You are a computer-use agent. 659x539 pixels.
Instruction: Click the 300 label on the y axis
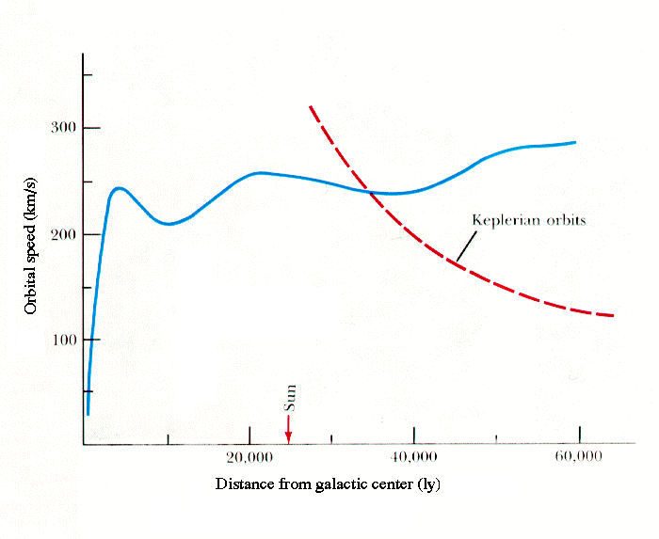click(x=62, y=128)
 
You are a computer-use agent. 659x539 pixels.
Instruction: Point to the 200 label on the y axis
click(x=62, y=234)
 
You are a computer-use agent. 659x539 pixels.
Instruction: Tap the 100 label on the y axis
click(x=62, y=340)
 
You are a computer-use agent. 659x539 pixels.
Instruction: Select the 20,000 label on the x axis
click(x=249, y=458)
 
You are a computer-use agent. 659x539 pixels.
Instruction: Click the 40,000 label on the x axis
click(x=414, y=458)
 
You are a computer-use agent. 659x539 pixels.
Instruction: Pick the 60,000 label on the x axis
click(x=579, y=458)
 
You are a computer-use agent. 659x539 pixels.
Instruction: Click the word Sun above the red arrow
click(x=291, y=399)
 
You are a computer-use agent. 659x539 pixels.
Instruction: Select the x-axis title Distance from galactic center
click(x=328, y=485)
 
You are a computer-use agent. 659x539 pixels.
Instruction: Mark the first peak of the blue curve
click(x=119, y=188)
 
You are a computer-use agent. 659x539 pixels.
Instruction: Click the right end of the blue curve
click(x=574, y=142)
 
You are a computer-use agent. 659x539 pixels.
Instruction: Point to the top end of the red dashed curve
click(x=311, y=106)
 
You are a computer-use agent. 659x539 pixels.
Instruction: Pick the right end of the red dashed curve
click(x=613, y=315)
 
